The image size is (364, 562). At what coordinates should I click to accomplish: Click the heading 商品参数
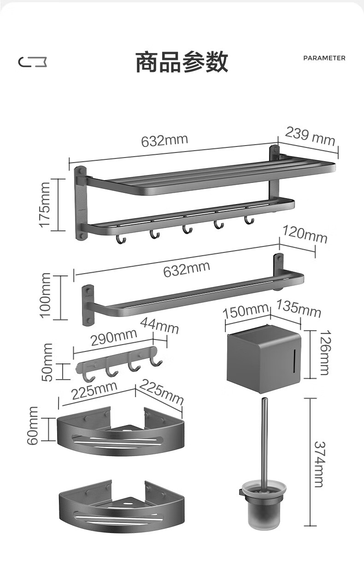[x=182, y=62]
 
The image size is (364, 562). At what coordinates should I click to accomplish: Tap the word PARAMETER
[x=324, y=58]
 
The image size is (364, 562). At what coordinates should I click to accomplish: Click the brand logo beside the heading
[x=33, y=61]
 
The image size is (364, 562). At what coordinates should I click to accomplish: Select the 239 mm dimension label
[x=310, y=136]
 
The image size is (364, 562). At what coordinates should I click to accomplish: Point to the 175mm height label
[x=45, y=204]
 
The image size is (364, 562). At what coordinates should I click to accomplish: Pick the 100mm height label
[x=45, y=295]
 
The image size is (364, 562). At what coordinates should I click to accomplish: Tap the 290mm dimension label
[x=113, y=337]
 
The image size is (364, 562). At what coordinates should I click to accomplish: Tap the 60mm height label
[x=33, y=426]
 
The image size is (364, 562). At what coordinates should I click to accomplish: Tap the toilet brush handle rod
[x=264, y=438]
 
